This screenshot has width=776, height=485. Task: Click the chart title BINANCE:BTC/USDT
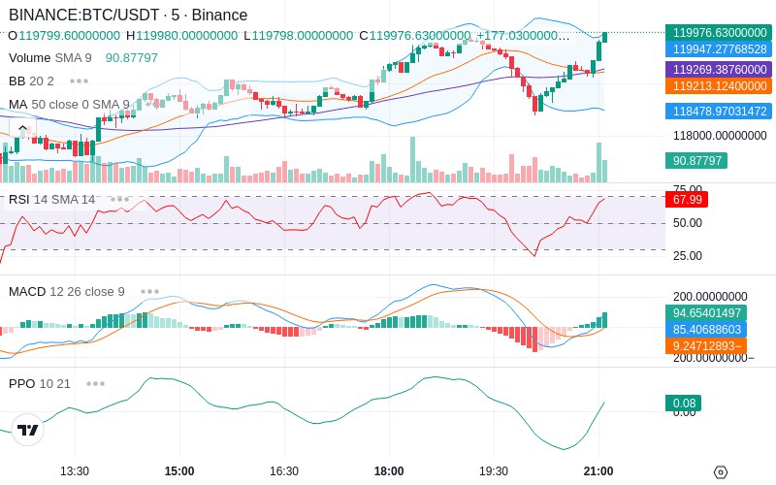pos(83,15)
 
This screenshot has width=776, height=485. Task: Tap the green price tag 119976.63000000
pos(719,33)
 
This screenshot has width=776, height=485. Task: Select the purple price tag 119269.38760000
pos(719,69)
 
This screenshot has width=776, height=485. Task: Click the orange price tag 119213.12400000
pos(719,86)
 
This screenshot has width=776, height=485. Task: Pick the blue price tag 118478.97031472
pos(719,111)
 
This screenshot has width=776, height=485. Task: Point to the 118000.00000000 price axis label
pos(720,136)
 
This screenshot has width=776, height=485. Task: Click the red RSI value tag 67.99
pos(687,200)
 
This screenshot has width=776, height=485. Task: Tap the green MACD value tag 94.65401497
pos(706,312)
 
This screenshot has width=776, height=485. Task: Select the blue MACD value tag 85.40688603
pos(706,330)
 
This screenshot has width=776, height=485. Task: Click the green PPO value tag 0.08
pos(684,404)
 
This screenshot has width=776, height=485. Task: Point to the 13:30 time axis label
pos(75,471)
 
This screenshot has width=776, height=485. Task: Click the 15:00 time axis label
pos(179,471)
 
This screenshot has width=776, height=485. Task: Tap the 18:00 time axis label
pos(389,471)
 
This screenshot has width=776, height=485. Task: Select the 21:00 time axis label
pos(598,471)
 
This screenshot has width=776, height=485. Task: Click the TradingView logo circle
pos(28,430)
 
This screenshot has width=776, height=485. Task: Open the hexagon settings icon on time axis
pos(721,472)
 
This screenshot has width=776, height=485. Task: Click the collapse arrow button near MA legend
pos(22,129)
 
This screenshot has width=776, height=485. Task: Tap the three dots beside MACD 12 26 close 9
pos(149,292)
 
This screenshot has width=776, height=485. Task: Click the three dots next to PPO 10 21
pos(95,383)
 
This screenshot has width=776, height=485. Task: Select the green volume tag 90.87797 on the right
pos(696,160)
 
